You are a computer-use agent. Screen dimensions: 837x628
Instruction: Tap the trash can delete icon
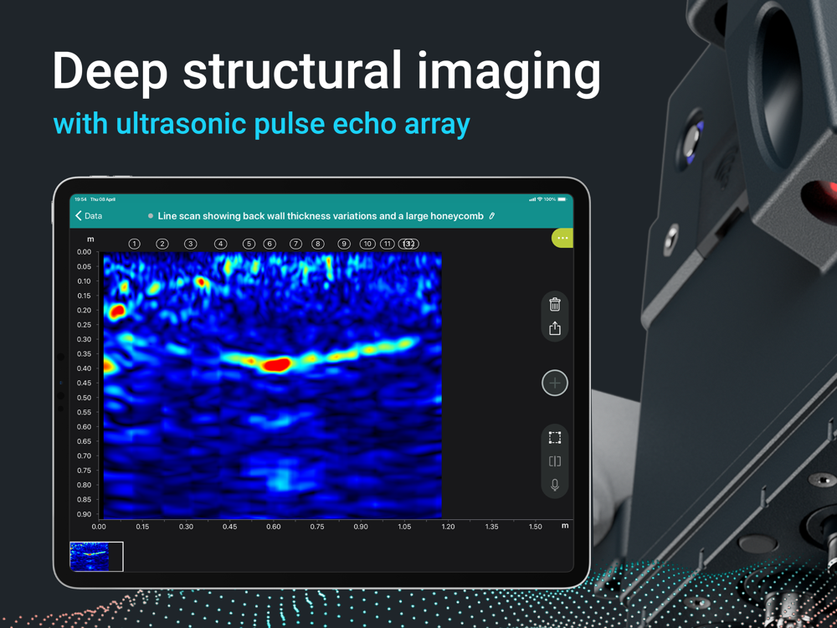555,304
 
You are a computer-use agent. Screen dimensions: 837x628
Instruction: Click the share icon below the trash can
555,328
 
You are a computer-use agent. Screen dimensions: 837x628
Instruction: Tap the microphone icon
555,485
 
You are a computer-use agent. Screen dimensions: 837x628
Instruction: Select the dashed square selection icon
555,438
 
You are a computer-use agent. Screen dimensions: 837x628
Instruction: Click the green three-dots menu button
562,238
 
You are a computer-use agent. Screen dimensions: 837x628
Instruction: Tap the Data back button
89,216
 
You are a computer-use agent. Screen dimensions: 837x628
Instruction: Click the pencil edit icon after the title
492,216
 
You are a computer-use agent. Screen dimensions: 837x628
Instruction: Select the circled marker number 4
220,244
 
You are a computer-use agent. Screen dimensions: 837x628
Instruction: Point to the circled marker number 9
344,244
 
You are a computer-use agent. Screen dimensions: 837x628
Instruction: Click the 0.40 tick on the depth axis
85,368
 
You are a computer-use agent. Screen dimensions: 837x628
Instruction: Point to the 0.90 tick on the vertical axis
85,514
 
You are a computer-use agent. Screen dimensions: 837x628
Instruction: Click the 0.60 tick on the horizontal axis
274,527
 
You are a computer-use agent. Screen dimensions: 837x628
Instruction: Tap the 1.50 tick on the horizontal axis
536,527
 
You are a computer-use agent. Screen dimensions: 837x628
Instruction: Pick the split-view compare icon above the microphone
555,461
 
